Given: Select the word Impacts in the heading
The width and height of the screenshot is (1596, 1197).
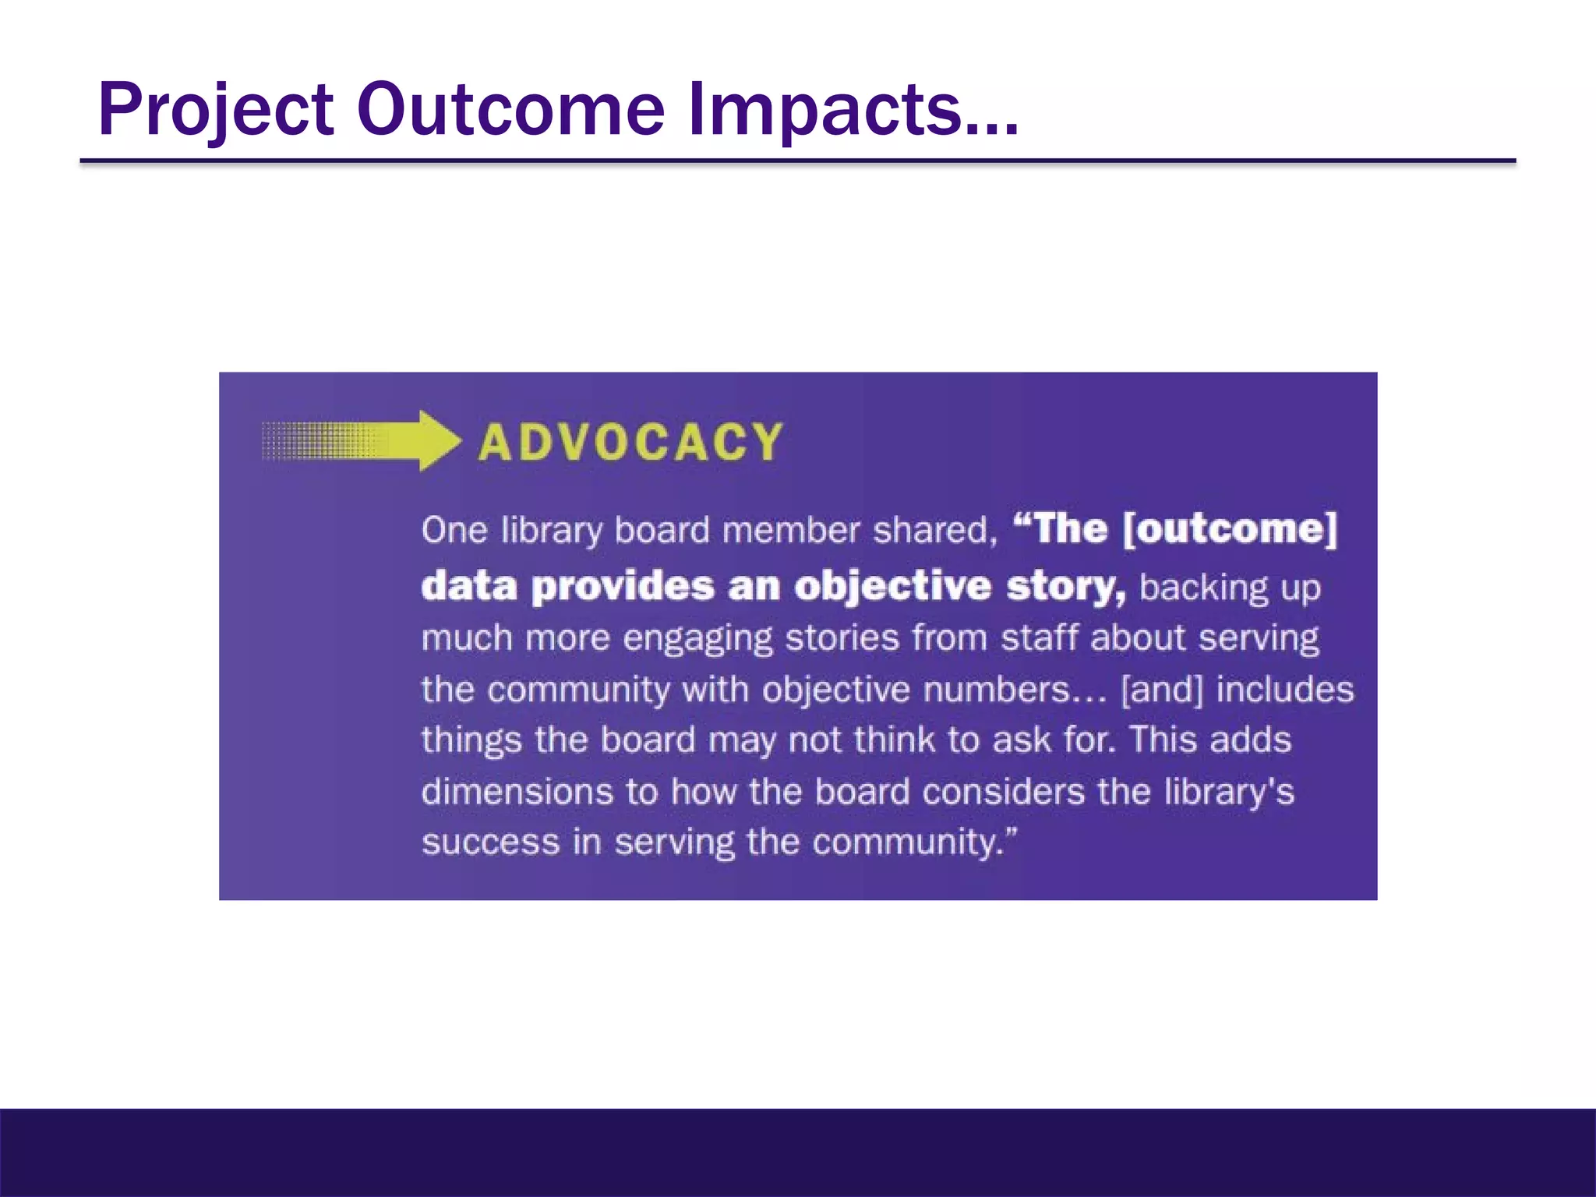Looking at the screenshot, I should click(838, 111).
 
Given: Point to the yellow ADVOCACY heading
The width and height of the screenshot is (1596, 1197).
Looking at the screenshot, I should click(630, 443).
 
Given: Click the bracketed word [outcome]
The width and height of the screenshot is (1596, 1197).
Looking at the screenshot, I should click(1230, 529).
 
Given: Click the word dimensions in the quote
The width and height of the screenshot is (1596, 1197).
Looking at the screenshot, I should click(517, 792).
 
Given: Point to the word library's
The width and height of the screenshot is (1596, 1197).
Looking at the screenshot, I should click(1229, 792).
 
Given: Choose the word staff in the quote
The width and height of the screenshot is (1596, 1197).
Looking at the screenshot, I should click(1040, 638).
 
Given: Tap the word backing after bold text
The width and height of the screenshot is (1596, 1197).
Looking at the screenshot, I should click(1203, 588).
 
